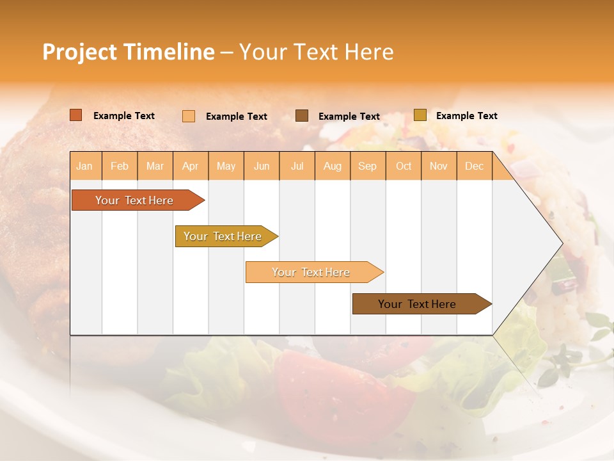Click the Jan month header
[x=85, y=166]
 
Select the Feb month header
[x=120, y=166]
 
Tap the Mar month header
[x=155, y=166]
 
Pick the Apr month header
[x=191, y=166]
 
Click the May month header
[x=226, y=166]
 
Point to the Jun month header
[x=262, y=166]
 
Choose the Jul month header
[x=297, y=166]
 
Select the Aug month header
[x=333, y=166]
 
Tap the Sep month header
[x=368, y=166]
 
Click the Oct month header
[x=404, y=166]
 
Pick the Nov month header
[x=439, y=166]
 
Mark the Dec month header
[x=475, y=166]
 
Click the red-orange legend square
[x=76, y=115]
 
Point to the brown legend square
[x=302, y=116]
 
